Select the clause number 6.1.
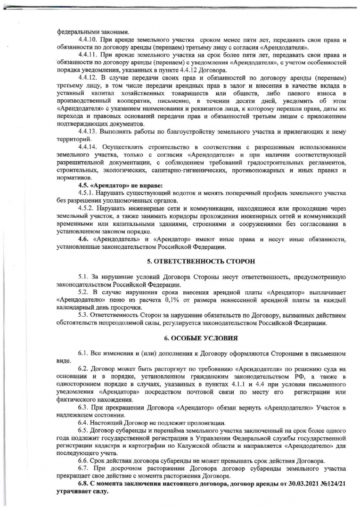click(x=83, y=353)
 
